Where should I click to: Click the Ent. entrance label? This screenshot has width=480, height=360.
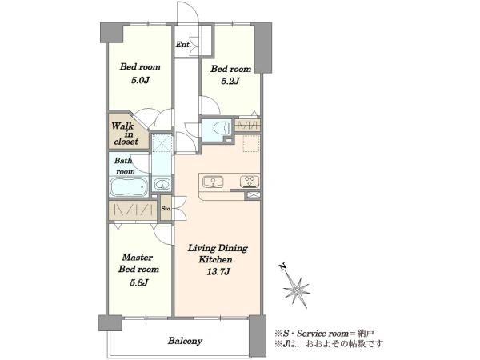tap(183, 45)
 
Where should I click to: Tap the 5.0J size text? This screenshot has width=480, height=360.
tap(140, 81)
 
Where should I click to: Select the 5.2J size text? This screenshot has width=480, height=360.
tap(230, 81)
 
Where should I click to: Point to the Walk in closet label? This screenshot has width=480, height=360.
tap(125, 134)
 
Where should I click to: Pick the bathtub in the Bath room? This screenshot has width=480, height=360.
tap(129, 187)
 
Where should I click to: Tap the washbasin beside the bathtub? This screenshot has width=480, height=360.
tap(162, 185)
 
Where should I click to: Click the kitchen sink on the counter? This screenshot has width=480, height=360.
tap(213, 182)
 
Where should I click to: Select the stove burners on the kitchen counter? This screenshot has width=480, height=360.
tap(250, 181)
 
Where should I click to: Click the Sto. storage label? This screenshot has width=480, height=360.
tap(166, 209)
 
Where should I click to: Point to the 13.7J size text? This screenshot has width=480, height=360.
tap(218, 271)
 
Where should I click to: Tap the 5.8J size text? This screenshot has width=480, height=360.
tap(139, 282)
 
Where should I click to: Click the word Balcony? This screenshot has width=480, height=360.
tap(185, 341)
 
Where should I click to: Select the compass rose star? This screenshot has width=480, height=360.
tap(296, 290)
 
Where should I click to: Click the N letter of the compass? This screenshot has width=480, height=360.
tap(283, 267)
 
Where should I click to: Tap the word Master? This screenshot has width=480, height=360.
tap(138, 257)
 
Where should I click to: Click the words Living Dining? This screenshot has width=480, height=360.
tap(218, 248)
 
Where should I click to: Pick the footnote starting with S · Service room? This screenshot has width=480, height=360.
tap(325, 333)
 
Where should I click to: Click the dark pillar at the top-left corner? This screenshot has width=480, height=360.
tap(112, 33)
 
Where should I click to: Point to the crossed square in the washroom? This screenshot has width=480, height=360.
tap(162, 142)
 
